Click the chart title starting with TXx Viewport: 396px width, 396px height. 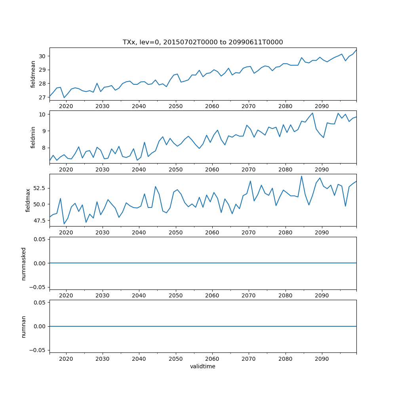(203, 42)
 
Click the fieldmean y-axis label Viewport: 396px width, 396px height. (33, 74)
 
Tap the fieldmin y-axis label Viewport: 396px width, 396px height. (33, 137)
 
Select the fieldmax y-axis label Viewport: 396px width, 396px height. (28, 200)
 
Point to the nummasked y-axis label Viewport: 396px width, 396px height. (24, 263)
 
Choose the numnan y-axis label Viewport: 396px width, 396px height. (24, 326)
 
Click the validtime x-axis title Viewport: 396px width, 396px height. (203, 367)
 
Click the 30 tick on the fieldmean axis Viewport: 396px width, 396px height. (43, 56)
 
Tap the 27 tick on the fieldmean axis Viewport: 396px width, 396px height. (43, 97)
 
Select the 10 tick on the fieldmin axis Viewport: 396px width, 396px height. (43, 114)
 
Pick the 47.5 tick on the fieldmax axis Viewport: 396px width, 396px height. (40, 221)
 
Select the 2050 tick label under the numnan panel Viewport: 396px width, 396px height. (175, 358)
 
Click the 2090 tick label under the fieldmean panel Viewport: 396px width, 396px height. (322, 106)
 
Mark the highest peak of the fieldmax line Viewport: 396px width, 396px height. (301, 176)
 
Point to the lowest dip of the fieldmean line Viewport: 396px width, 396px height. (64, 98)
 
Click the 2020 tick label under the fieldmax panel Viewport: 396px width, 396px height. (66, 232)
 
